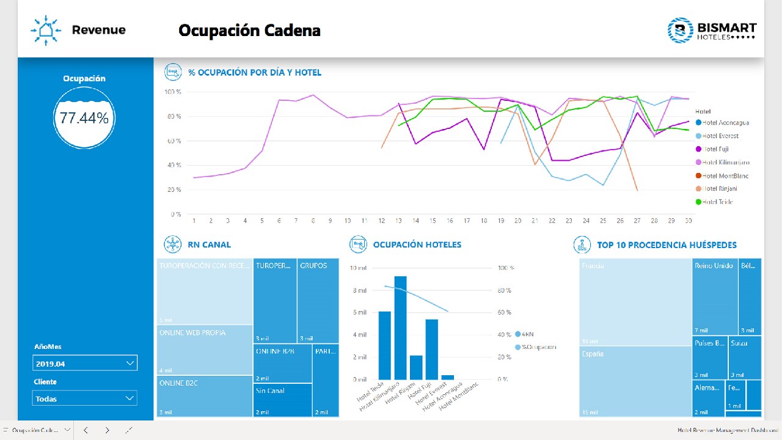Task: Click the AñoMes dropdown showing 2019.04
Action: click(85, 363)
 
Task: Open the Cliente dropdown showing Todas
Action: click(85, 398)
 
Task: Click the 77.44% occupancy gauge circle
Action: click(84, 118)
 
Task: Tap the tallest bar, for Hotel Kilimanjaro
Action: click(401, 328)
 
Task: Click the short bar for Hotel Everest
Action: click(448, 377)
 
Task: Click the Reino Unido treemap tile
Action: click(715, 296)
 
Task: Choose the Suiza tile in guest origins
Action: click(745, 358)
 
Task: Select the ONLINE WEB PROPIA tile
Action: click(205, 350)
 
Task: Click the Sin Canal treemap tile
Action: click(282, 400)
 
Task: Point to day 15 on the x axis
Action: click(433, 221)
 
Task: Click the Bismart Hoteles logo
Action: click(712, 31)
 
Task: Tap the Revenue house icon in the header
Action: click(46, 30)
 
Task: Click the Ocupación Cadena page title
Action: click(249, 31)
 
